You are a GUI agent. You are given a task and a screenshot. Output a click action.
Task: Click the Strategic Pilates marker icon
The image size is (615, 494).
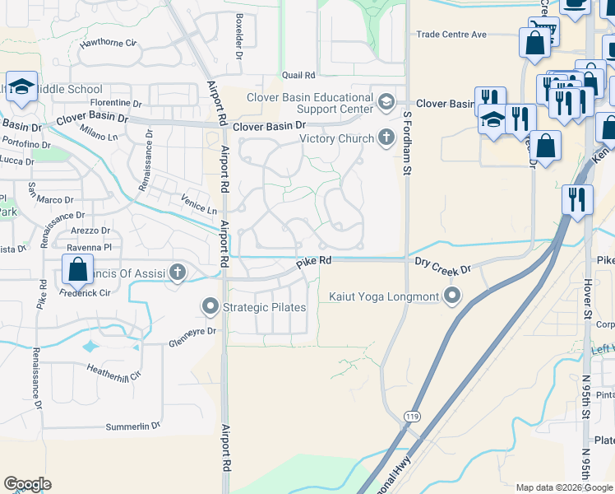tap(210, 308)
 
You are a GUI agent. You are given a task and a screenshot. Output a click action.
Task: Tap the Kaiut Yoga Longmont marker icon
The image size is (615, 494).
tap(451, 296)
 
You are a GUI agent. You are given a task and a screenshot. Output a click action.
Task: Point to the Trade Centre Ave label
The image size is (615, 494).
tap(451, 35)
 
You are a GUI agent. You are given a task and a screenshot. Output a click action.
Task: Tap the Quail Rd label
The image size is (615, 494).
tap(298, 75)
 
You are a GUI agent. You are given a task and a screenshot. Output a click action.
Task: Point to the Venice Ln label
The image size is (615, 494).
tap(199, 204)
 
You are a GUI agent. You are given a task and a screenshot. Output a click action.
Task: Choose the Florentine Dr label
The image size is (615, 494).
tap(115, 104)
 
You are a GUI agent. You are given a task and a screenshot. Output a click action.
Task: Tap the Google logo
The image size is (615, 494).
tap(27, 484)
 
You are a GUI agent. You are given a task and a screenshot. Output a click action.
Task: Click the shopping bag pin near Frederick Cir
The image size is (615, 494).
tap(77, 269)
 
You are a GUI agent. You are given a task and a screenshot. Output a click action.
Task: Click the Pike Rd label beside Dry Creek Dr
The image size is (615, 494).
tap(314, 261)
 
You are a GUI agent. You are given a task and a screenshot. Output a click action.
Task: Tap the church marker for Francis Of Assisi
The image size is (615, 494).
tap(178, 272)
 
